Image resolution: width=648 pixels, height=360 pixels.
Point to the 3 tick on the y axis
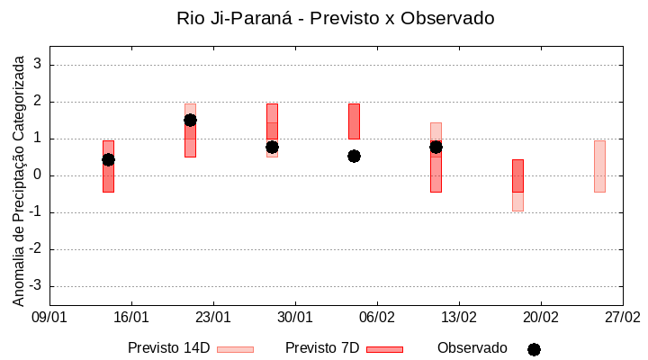(38, 65)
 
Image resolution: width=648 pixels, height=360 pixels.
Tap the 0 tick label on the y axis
(38, 175)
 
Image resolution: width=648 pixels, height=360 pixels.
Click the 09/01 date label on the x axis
(49, 318)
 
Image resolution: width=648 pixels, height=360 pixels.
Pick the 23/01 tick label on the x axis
(213, 318)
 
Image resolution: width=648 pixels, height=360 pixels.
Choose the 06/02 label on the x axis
(377, 318)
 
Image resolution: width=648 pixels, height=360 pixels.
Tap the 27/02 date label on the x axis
(622, 318)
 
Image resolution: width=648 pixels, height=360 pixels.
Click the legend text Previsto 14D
(168, 348)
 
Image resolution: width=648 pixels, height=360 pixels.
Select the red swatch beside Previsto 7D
(384, 349)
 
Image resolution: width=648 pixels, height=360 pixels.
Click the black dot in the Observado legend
(534, 349)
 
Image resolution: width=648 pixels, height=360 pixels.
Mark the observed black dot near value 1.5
(190, 120)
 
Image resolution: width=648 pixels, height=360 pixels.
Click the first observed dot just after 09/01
(108, 159)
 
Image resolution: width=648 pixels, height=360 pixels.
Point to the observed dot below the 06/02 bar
(354, 156)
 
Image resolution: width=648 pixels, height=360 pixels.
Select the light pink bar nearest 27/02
(599, 166)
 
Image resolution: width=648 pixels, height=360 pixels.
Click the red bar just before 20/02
(517, 175)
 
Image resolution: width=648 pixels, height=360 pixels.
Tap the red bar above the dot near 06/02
(354, 121)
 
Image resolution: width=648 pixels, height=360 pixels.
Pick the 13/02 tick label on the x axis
(459, 318)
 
